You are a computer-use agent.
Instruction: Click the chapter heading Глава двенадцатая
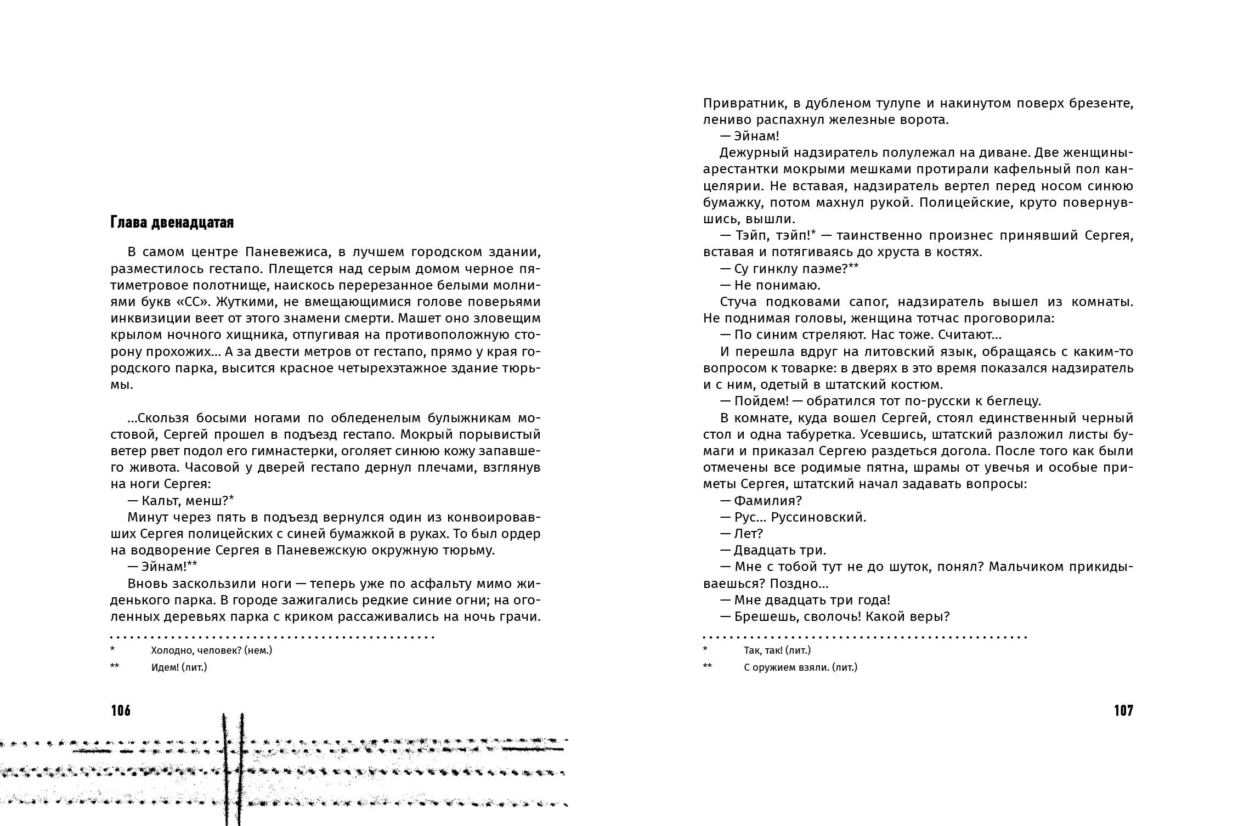pyautogui.click(x=172, y=222)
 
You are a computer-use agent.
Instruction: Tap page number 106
pyautogui.click(x=121, y=711)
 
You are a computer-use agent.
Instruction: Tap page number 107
pyautogui.click(x=1123, y=711)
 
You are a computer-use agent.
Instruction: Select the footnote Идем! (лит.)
pyautogui.click(x=179, y=667)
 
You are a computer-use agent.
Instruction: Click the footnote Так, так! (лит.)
pyautogui.click(x=777, y=650)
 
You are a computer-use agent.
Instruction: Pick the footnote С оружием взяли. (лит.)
pyautogui.click(x=800, y=667)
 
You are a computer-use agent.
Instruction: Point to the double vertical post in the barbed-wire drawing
pyautogui.click(x=233, y=768)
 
